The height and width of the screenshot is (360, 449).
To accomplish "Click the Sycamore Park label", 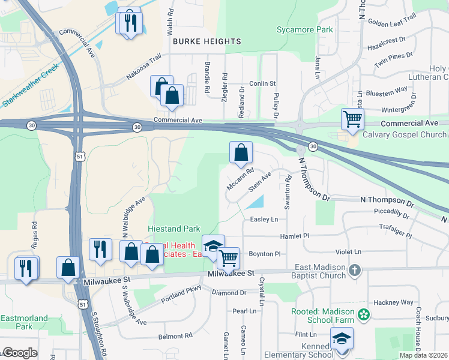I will pyautogui.click(x=304, y=29).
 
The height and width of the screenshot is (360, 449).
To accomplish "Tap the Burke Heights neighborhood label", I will pyautogui.click(x=207, y=41).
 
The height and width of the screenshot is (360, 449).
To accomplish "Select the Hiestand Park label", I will pyautogui.click(x=174, y=229).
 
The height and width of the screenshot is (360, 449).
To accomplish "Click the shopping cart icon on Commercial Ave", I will pyautogui.click(x=352, y=118).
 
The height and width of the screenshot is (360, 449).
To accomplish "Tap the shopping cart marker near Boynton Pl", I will pyautogui.click(x=228, y=259).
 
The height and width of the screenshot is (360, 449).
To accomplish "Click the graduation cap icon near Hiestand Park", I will pyautogui.click(x=213, y=245).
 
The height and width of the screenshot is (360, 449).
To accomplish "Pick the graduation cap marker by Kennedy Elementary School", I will pyautogui.click(x=342, y=338).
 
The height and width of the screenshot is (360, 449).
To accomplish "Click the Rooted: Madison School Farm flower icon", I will pyautogui.click(x=363, y=314).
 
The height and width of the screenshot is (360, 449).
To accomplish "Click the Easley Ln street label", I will pyautogui.click(x=264, y=220).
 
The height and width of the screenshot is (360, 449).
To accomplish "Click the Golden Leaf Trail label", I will pyautogui.click(x=392, y=22).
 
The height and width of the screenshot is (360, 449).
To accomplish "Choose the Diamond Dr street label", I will pyautogui.click(x=229, y=293).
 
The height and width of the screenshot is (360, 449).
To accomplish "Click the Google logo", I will pyautogui.click(x=20, y=353).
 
